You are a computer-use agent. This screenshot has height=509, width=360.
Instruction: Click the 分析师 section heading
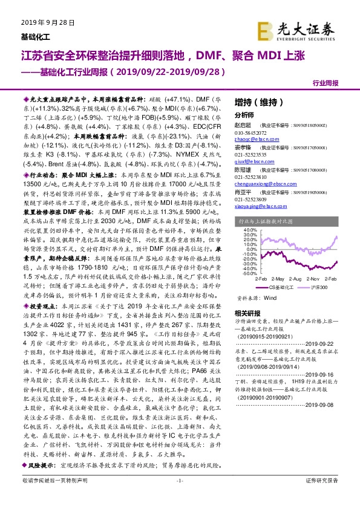[244, 114]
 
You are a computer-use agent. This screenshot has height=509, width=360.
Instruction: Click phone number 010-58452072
[250, 132]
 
